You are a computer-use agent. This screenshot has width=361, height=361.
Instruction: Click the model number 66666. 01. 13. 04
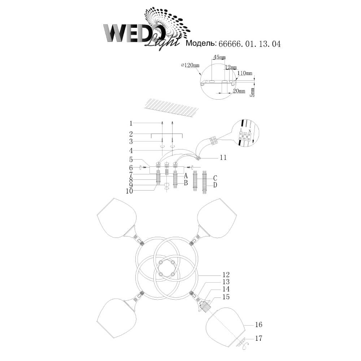coord(249,44)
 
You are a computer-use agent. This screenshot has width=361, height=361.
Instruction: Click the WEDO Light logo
coord(147,29)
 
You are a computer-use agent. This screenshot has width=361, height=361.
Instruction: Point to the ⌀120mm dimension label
coord(190,65)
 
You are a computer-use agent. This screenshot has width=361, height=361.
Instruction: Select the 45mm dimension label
coord(219,57)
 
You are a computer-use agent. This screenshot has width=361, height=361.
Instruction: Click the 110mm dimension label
coord(245,73)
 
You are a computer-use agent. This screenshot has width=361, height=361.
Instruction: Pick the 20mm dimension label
coord(239,91)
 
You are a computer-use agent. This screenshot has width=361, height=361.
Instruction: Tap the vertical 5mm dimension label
coord(253,92)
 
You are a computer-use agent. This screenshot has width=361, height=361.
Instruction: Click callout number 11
coord(223,157)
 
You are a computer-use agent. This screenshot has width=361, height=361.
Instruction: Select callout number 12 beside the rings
coord(226,274)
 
